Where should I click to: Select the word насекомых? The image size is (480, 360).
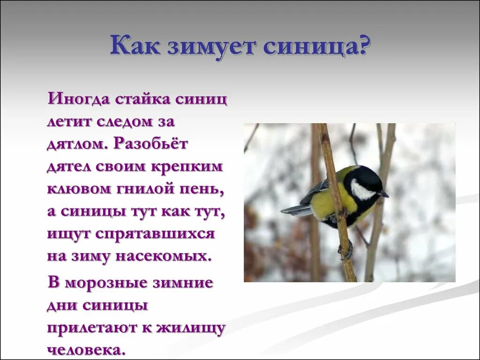168,256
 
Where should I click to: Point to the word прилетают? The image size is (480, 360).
91,329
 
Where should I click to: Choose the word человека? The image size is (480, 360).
86,350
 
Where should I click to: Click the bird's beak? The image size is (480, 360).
384,194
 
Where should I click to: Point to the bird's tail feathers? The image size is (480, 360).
295,210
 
